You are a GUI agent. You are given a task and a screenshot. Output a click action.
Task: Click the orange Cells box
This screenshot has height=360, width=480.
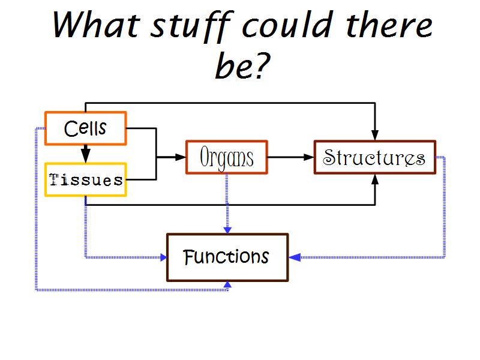(x=86, y=128)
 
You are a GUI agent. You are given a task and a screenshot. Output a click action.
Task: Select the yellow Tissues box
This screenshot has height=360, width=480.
(x=86, y=179)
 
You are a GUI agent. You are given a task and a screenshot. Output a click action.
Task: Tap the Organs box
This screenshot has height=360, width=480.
(x=226, y=158)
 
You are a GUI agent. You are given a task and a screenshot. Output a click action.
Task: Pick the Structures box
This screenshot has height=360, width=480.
(x=374, y=157)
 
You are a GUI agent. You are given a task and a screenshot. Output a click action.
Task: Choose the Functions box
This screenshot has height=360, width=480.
(x=227, y=257)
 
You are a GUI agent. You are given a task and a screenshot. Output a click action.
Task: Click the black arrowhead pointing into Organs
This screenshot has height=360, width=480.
(x=181, y=157)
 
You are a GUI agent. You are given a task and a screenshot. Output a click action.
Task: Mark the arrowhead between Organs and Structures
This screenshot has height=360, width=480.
(x=309, y=157)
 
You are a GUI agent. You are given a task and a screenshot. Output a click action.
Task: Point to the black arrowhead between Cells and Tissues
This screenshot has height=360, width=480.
(x=86, y=158)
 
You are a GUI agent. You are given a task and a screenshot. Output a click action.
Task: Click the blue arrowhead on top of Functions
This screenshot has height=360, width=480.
(x=227, y=229)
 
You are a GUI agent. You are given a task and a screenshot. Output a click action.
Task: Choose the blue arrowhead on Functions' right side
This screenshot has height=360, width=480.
(x=294, y=257)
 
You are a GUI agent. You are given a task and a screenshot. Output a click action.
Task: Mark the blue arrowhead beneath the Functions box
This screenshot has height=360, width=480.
(x=227, y=285)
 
